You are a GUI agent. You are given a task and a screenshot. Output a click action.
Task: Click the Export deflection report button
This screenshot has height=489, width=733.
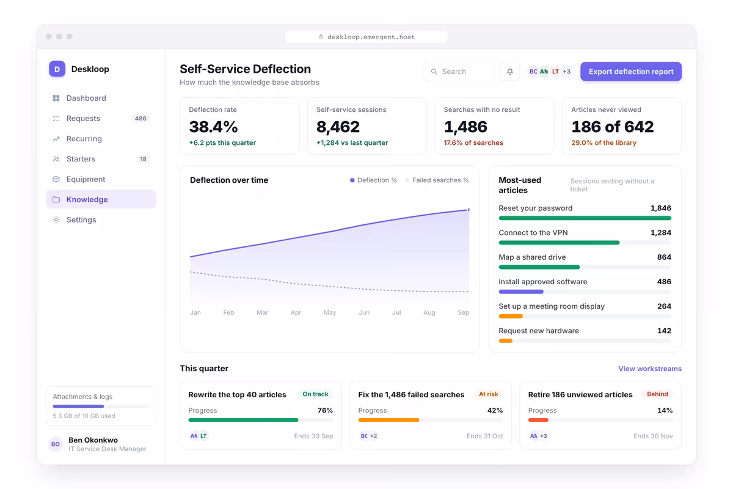point(631,72)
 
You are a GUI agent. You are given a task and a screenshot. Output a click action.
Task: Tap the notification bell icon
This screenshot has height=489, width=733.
point(510,72)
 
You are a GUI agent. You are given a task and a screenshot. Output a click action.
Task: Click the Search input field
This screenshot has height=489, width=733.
point(458,72)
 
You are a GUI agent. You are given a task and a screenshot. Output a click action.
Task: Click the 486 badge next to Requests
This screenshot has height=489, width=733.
point(140,118)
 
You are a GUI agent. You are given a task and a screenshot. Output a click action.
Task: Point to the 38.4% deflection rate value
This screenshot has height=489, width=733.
point(213,127)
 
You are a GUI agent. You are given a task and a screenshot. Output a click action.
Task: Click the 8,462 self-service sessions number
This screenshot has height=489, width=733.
point(338,127)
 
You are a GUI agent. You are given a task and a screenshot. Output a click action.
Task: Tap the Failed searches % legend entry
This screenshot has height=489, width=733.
point(437,180)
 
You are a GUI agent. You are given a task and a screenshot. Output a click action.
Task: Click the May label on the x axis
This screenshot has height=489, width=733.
point(330,312)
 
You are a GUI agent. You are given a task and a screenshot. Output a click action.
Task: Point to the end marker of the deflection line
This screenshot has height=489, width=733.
point(469,210)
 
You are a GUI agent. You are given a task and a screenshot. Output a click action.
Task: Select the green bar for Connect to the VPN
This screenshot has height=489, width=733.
point(559,243)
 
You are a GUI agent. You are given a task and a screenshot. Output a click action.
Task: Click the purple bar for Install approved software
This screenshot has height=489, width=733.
point(521,292)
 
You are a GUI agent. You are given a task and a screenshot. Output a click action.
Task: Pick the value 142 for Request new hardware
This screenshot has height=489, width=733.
point(665,331)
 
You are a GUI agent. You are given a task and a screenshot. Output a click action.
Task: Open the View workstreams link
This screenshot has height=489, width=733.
point(650,369)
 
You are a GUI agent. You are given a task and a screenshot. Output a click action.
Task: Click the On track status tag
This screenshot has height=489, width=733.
point(315,394)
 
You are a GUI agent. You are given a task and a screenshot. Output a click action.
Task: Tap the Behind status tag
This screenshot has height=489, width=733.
point(657,394)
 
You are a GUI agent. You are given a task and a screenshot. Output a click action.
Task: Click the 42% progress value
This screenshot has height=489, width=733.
point(495,410)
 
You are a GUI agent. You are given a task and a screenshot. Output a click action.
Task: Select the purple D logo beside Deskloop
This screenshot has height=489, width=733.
point(57,69)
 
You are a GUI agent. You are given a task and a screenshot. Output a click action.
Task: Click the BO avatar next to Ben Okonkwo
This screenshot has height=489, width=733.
point(56,444)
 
